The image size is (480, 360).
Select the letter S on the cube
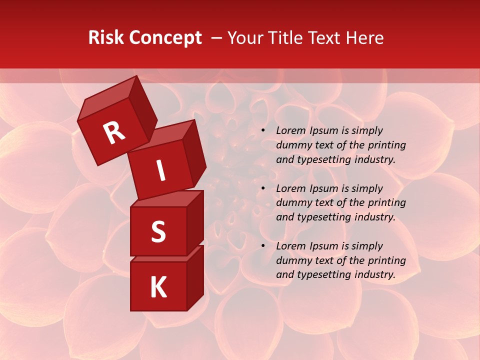158,231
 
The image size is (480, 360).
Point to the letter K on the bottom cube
158,287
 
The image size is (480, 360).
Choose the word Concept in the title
165,38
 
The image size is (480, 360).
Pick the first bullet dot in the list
263,131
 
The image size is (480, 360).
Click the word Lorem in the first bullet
290,130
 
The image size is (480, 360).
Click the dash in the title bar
216,38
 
